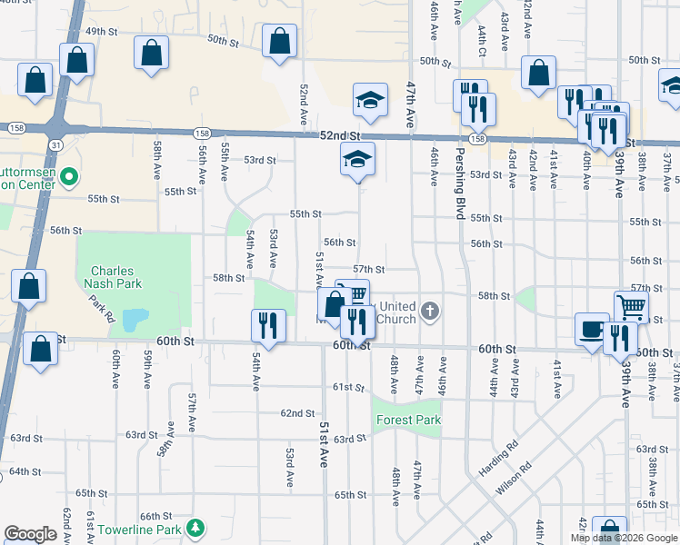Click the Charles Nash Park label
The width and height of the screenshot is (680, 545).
(x=112, y=277)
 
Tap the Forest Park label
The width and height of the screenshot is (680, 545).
(x=406, y=421)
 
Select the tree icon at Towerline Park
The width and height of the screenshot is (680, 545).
(x=195, y=528)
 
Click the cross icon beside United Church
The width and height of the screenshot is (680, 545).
(x=430, y=312)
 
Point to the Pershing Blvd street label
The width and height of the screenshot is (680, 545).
(x=460, y=183)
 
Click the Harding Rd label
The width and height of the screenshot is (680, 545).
(x=496, y=459)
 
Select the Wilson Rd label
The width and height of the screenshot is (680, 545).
(x=514, y=481)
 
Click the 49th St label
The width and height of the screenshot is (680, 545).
(x=102, y=32)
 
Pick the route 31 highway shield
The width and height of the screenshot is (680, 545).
(x=56, y=144)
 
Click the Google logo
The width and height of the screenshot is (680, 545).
(x=30, y=534)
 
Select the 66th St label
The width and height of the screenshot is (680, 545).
(x=156, y=516)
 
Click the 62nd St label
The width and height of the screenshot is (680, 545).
(x=297, y=413)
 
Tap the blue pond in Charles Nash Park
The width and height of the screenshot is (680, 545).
(x=135, y=320)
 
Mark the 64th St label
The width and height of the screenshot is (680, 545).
(x=25, y=472)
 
